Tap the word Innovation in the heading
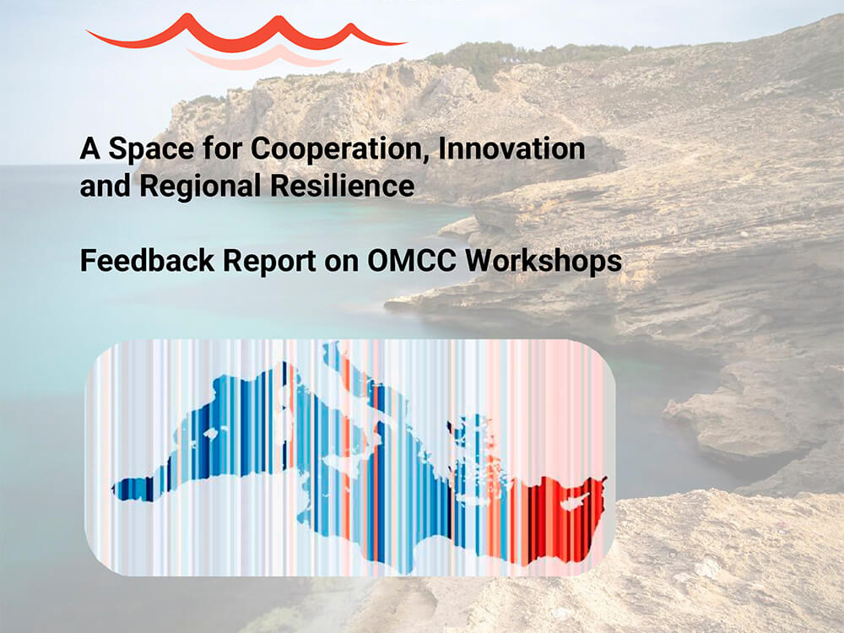click(512, 148)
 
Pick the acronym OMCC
click(412, 261)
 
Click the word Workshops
click(544, 261)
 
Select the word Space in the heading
click(151, 149)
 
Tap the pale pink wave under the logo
click(263, 58)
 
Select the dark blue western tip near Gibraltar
click(129, 490)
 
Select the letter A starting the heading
click(90, 149)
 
